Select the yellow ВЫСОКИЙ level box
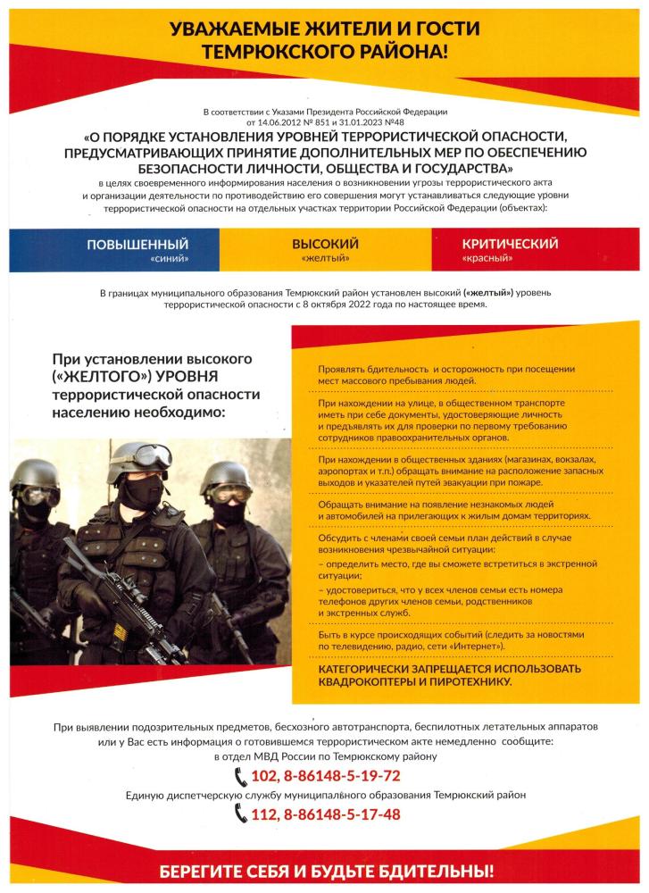click(325, 249)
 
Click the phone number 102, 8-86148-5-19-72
click(329, 775)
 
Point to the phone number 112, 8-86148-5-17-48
click(329, 814)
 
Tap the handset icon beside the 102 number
click(240, 775)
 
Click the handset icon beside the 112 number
click(240, 814)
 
